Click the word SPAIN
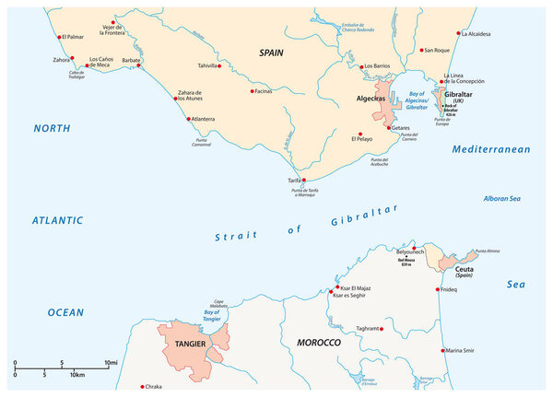pos(270,53)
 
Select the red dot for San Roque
pos(418,51)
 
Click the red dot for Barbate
pos(140,66)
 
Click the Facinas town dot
pos(252,91)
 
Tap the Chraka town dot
pos(142,387)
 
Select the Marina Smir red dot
pos(440,351)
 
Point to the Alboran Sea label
pos(502,198)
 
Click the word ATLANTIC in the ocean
pos(56,220)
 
